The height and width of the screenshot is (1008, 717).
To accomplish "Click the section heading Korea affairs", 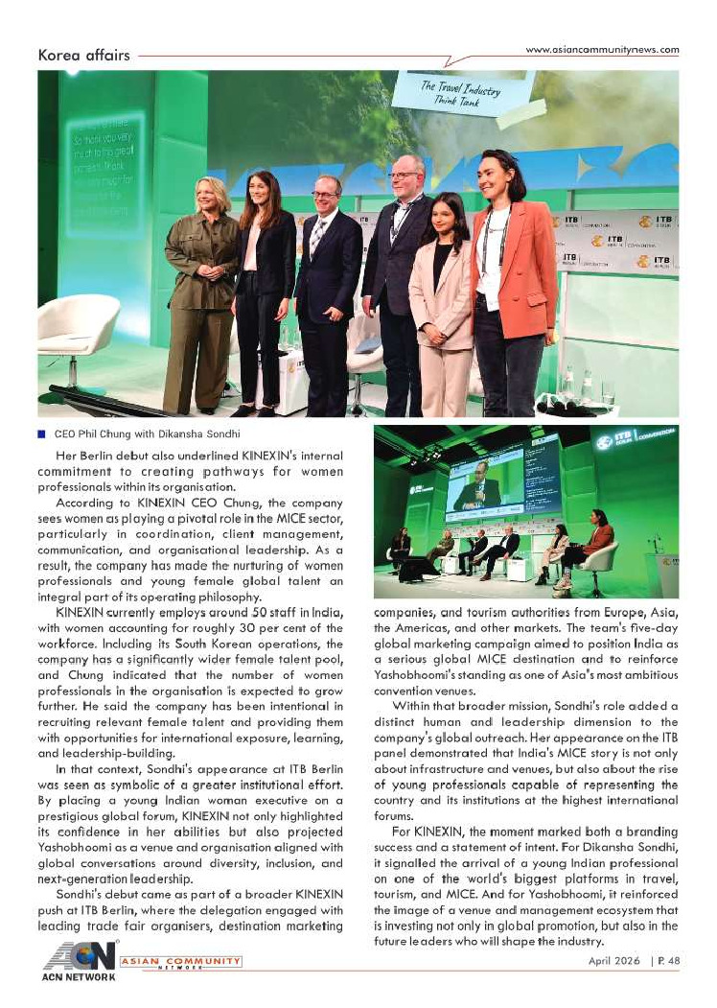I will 83,55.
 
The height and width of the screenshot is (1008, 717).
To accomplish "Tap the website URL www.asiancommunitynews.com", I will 603,50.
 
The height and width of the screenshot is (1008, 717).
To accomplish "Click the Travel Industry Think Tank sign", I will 462,93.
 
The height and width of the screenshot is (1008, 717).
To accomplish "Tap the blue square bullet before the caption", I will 41,434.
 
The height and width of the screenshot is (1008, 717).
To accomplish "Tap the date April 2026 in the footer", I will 615,960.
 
